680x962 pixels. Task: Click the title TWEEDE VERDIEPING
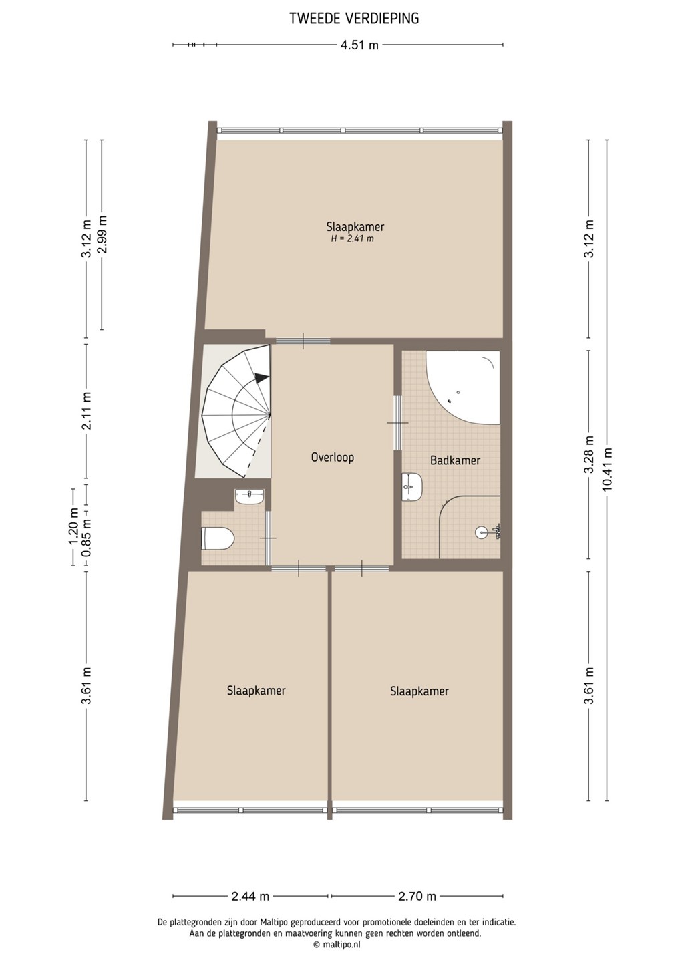[354, 19]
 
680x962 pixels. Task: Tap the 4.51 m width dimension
[359, 45]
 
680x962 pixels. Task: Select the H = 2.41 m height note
[352, 238]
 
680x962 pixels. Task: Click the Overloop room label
[333, 457]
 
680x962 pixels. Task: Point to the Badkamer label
[455, 460]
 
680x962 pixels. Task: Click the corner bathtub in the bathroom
[463, 387]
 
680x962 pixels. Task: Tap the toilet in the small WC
[217, 538]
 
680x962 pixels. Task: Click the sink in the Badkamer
[412, 486]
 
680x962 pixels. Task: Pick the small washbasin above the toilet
[250, 497]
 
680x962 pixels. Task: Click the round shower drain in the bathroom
[481, 533]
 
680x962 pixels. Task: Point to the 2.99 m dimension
[102, 235]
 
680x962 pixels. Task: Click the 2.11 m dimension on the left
[88, 411]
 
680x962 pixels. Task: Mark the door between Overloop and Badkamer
[398, 423]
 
